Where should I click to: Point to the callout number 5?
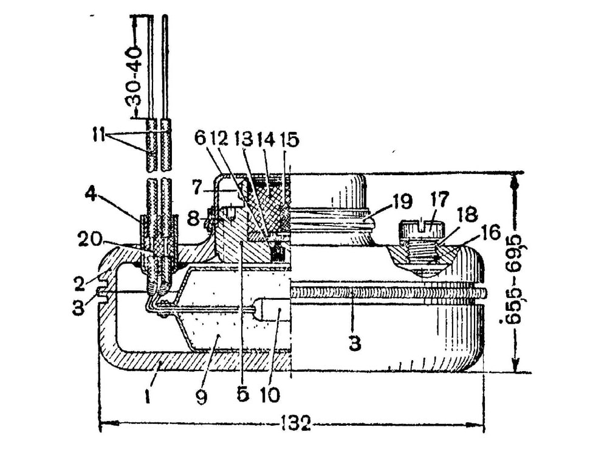242,394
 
